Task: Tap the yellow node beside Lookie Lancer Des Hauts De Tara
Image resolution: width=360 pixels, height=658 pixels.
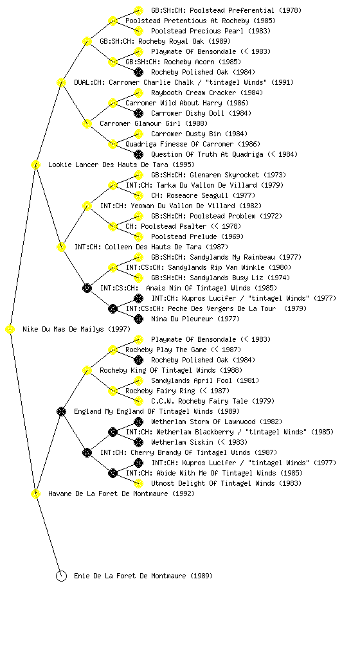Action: pos(35,165)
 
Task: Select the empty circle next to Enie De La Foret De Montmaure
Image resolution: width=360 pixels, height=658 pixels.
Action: pos(61,576)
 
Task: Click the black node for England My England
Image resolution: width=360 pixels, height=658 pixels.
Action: pos(61,412)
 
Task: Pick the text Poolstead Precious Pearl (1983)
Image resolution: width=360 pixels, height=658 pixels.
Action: pos(211,31)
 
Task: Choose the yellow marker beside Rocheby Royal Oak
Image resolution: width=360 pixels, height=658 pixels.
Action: pos(87,42)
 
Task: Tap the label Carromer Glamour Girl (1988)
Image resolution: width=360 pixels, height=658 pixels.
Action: pos(154,123)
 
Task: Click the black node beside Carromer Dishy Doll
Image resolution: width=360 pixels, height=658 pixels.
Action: pos(138,113)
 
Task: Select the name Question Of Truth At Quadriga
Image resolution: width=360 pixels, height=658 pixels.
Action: pos(207,154)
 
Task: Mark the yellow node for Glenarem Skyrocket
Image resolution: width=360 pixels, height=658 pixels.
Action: pos(138,175)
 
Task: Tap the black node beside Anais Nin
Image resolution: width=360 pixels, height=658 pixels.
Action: pos(87,289)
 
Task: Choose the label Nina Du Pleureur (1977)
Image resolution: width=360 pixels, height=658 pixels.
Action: pos(195,319)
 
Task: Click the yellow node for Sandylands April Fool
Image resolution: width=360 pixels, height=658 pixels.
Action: pos(138,380)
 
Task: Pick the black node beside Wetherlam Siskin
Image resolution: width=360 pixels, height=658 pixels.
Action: pos(138,442)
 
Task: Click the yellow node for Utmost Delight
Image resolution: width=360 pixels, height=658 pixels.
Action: pos(138,483)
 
